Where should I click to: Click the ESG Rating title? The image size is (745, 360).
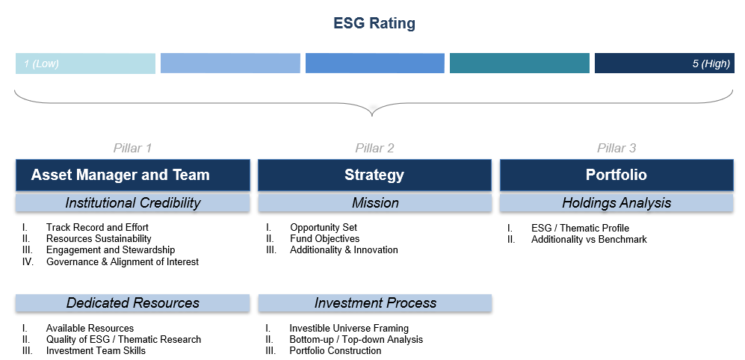pos(374,23)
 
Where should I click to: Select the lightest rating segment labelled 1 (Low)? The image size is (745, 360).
pos(85,63)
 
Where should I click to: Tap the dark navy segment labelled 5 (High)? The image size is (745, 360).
pos(664,63)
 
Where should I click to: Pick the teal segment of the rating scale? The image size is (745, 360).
pos(519,63)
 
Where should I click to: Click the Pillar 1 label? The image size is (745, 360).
pos(132,148)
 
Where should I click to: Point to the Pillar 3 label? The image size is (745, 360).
pos(616,148)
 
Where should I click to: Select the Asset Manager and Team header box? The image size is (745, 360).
pos(132,175)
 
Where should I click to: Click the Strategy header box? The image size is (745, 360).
pos(374,175)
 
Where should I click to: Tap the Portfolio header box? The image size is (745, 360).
pos(616,175)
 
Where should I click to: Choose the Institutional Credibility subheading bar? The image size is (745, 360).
pos(132,203)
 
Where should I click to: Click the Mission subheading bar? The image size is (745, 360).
pos(375,203)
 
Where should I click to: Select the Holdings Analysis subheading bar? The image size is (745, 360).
pos(616,203)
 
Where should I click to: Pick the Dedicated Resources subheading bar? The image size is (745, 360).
pos(132,303)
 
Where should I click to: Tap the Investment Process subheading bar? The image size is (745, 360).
pos(375,303)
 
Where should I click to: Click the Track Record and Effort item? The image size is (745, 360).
pos(97,228)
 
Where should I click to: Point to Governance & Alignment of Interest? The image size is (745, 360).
pos(123,261)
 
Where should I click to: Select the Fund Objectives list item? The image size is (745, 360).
pos(325,239)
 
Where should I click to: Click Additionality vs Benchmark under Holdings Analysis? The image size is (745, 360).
pos(589,239)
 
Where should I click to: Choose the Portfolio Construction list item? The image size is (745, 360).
pos(336,351)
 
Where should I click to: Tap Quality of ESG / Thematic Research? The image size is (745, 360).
pos(123,340)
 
